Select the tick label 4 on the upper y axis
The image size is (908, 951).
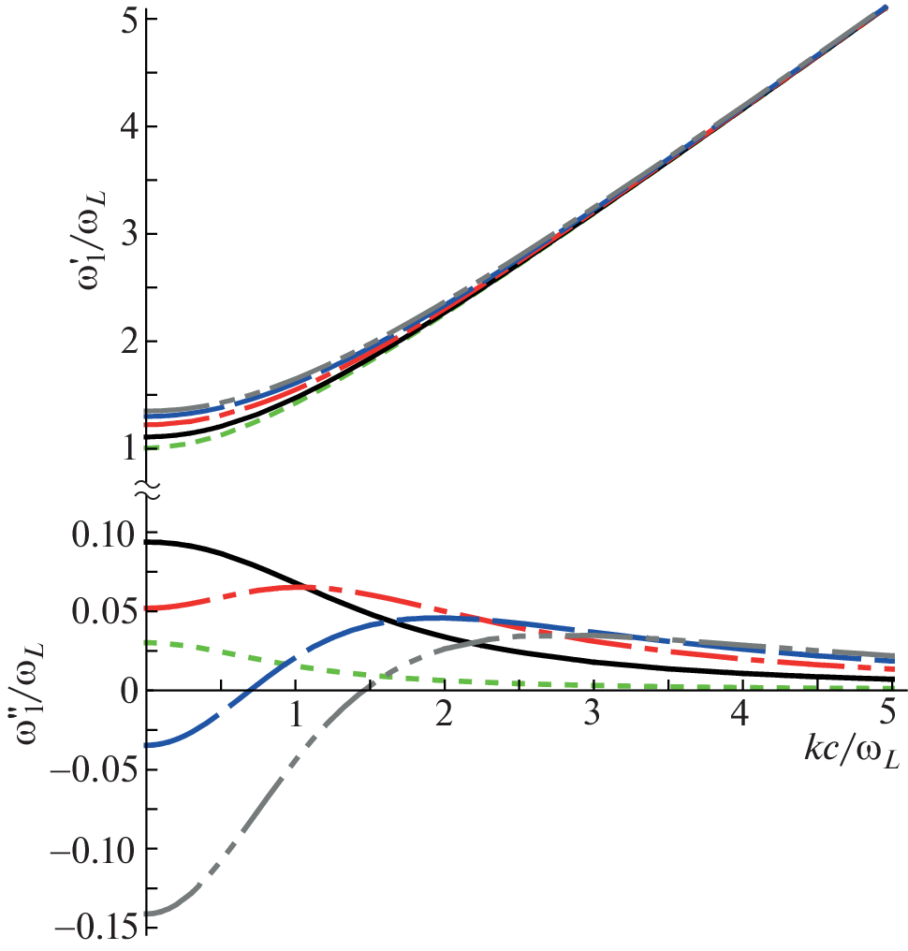point(129,126)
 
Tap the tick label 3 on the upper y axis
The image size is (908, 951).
point(129,234)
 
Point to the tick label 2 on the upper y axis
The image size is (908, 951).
point(129,342)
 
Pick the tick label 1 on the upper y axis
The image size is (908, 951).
point(129,449)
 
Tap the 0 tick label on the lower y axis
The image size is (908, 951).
point(130,692)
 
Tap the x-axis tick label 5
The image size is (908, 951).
point(888,716)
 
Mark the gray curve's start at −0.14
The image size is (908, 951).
point(150,913)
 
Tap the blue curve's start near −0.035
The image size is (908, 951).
point(150,745)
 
